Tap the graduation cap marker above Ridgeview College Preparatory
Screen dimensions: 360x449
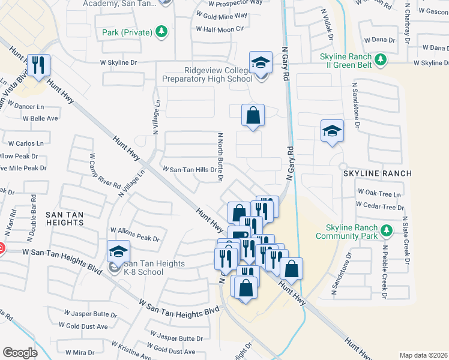(x=261, y=63)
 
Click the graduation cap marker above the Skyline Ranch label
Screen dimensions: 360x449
(x=331, y=132)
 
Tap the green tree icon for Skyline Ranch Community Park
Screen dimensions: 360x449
(x=387, y=230)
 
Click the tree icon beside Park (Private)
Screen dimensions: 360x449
(x=161, y=31)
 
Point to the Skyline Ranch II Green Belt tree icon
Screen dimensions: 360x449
(x=380, y=59)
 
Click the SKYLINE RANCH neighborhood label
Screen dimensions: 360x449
(x=377, y=173)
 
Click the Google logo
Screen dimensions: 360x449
(x=20, y=353)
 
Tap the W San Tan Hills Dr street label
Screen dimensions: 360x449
(x=186, y=170)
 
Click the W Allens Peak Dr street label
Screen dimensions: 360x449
(x=134, y=230)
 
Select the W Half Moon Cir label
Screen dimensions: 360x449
(x=215, y=29)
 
